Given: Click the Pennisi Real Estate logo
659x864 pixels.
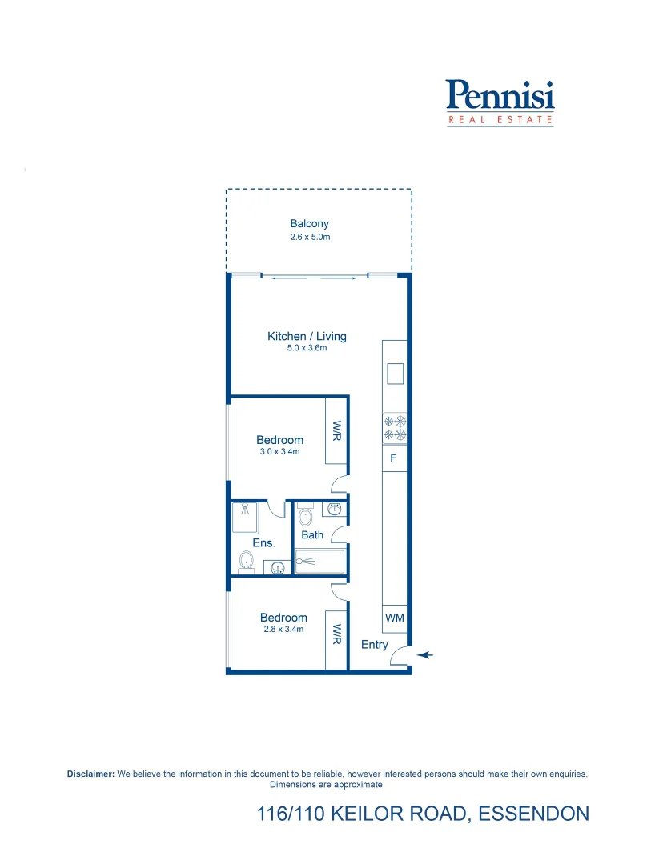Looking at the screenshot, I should [500, 102].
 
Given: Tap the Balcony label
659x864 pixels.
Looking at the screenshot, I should [309, 224].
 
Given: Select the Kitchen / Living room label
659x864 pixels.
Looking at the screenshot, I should [307, 336].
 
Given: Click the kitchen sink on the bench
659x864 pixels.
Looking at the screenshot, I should [395, 373].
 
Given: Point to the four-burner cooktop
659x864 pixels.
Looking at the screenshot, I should [395, 428].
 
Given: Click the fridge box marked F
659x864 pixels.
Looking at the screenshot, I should [393, 459].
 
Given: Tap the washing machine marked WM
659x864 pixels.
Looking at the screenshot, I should [394, 618].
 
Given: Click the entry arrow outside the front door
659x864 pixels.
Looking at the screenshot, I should [425, 655].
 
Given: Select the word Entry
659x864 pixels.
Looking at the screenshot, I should [374, 645].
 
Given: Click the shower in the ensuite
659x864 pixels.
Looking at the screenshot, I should [244, 517].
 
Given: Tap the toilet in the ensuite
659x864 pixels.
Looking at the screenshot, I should [246, 563].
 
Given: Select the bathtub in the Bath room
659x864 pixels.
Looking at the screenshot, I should [319, 562].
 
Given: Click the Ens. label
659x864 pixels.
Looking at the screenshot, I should [263, 543].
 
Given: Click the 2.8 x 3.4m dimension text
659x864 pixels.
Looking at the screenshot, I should [283, 630].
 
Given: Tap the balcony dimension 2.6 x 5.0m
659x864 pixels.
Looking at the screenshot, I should [310, 238].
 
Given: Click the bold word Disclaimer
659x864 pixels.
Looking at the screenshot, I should [91, 774].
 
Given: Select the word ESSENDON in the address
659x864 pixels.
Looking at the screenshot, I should [533, 814].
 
